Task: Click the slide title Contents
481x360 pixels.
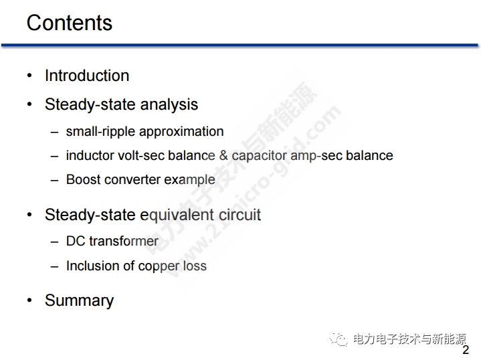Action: (70, 23)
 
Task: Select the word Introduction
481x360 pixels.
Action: (87, 76)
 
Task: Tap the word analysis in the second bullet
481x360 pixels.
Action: (169, 105)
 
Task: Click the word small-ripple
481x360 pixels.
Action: (100, 132)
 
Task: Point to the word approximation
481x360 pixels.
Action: (181, 132)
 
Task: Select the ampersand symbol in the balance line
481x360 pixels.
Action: (223, 155)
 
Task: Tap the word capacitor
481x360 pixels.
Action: (260, 156)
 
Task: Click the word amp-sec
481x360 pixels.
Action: (316, 156)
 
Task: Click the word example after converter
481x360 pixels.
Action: (189, 180)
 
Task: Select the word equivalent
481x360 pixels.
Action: (177, 215)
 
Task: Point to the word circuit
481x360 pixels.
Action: (239, 215)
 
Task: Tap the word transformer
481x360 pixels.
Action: (124, 242)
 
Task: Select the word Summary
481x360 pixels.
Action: (79, 300)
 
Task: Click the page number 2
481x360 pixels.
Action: (466, 350)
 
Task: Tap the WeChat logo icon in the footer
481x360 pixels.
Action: (339, 339)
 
